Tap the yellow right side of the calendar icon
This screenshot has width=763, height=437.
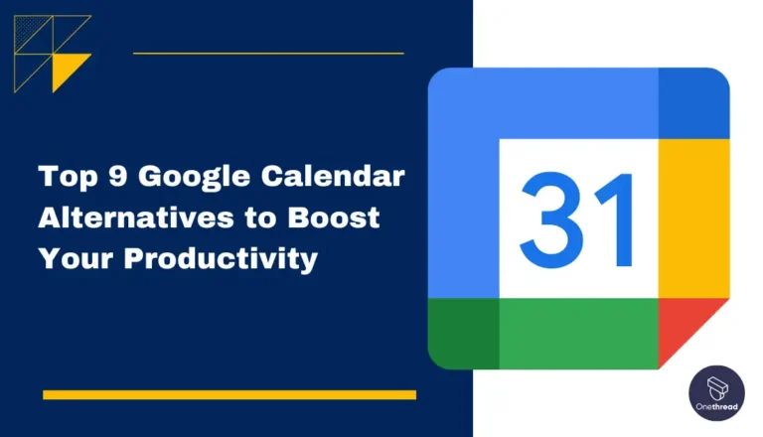(693, 218)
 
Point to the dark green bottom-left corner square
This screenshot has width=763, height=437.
(463, 334)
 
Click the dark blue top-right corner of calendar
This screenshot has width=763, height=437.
(693, 102)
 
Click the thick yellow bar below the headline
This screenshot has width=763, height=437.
(229, 394)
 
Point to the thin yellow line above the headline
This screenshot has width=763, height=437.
(268, 53)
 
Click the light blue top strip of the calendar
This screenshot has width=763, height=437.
(556, 102)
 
